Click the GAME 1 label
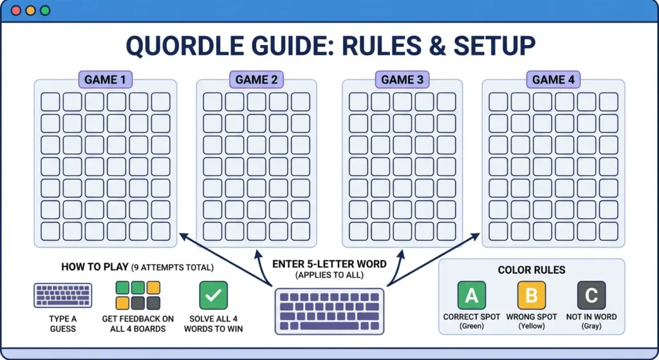106,80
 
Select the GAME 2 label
256,80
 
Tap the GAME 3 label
402,80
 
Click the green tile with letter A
472,296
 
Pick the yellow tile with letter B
532,296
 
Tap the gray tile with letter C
591,296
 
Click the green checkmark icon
214,296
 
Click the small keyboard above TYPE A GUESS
62,296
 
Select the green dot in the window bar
44,11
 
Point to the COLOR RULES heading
531,270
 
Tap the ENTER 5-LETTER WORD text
329,264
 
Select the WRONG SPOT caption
532,317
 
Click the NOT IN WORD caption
591,317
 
